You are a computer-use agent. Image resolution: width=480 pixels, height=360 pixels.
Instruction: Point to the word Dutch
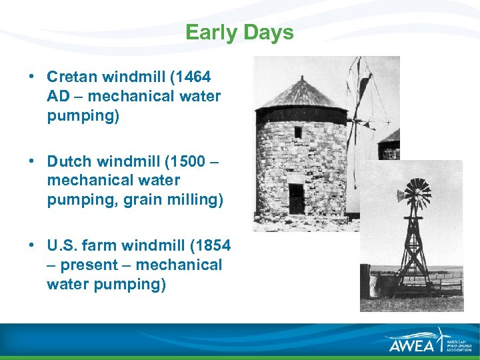coord(70,161)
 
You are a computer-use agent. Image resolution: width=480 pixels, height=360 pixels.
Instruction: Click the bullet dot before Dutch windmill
coord(33,161)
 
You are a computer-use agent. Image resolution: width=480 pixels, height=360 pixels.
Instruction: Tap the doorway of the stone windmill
coord(296,198)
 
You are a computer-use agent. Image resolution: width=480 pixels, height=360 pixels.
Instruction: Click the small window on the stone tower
coord(298,132)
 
